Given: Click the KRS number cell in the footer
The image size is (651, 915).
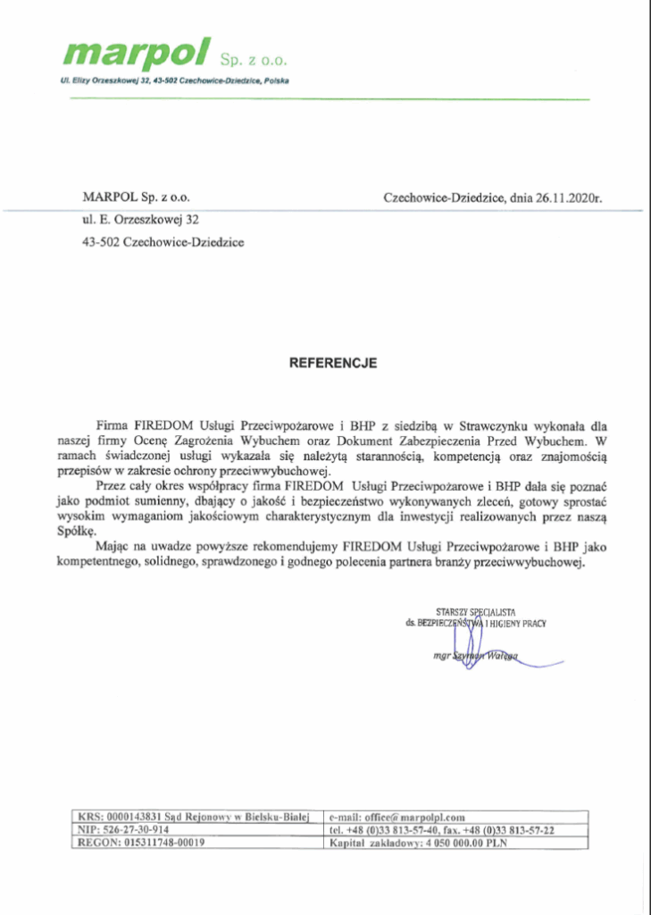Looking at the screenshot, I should pos(194,816).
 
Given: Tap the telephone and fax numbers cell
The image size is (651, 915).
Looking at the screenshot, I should pos(442,829).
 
